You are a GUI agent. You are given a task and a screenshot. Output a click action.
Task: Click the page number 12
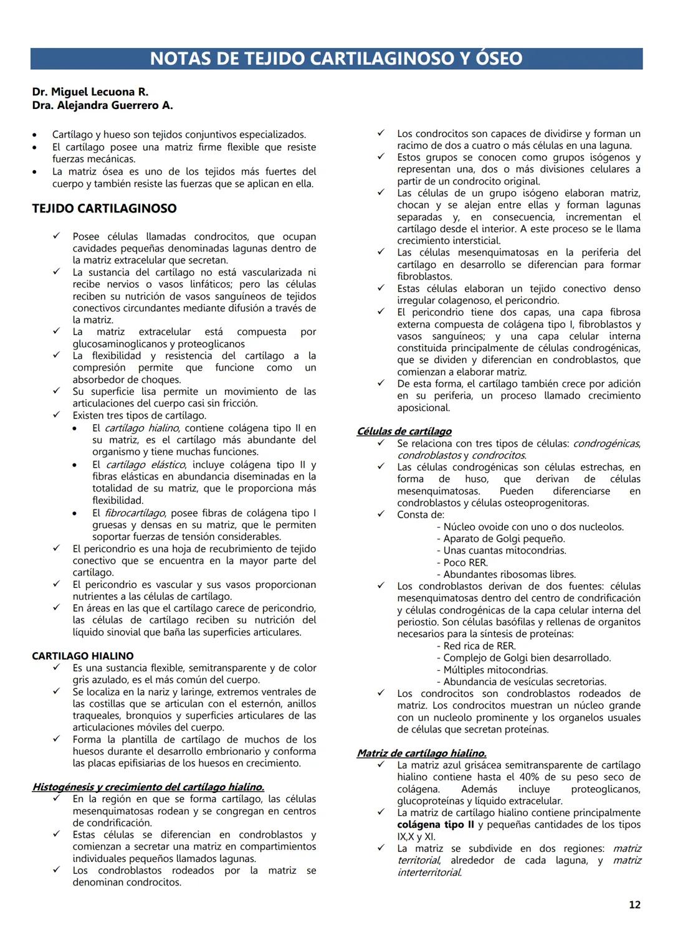(x=634, y=905)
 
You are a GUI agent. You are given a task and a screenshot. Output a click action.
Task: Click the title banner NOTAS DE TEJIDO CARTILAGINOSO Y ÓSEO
(x=336, y=59)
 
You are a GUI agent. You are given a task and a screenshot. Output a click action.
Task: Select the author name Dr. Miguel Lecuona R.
(x=90, y=92)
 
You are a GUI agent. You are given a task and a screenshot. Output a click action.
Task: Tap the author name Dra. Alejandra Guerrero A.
(x=103, y=105)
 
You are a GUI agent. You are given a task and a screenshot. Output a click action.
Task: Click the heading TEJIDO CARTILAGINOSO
(x=104, y=209)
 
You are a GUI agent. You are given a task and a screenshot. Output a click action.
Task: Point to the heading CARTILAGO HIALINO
(x=83, y=656)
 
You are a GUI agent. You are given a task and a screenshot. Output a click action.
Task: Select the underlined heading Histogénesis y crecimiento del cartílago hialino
(x=148, y=787)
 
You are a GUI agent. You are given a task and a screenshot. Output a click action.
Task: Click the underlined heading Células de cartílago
(x=404, y=431)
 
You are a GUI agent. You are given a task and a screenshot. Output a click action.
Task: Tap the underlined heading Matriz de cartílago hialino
(x=421, y=753)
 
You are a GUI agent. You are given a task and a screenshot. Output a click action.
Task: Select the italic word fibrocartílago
(x=135, y=513)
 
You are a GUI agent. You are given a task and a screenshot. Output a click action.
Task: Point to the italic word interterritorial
(x=429, y=873)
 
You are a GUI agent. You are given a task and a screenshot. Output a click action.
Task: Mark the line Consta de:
(x=421, y=514)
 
